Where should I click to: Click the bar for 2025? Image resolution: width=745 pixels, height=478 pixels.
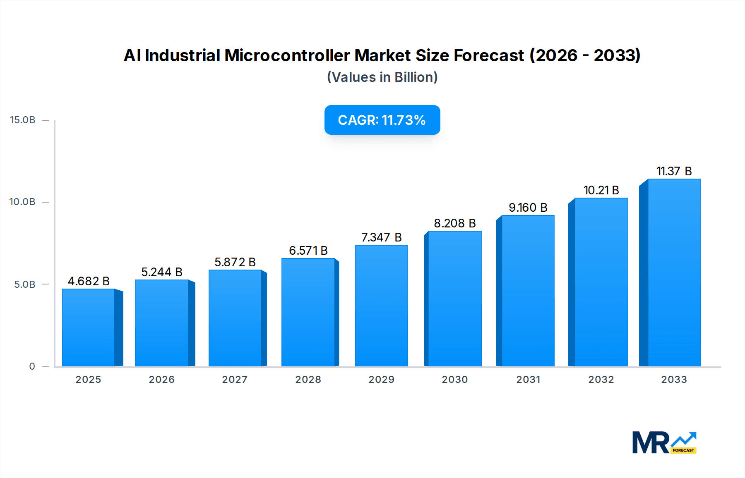tap(89, 327)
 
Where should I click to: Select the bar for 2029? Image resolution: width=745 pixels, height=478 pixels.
tap(381, 306)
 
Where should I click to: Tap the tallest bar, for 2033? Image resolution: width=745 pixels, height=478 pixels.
tap(674, 272)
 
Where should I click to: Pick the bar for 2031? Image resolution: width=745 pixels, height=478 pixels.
tap(528, 291)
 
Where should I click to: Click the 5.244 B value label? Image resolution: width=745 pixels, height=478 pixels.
tap(162, 272)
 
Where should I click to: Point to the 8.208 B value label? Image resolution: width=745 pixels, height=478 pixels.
tap(454, 223)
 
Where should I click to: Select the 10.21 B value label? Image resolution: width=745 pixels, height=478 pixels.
tap(601, 190)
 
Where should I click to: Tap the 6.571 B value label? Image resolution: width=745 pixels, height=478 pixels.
tap(308, 251)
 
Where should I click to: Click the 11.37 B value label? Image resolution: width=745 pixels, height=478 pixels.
tap(674, 171)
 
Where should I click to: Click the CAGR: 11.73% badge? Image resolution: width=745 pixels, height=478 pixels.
tap(382, 120)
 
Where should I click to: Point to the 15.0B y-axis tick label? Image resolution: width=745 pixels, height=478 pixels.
tap(23, 120)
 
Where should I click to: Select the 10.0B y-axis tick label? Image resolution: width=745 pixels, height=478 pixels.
tap(22, 202)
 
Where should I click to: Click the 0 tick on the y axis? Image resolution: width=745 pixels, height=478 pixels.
tap(32, 366)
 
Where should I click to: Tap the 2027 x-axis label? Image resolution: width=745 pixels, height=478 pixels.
tap(235, 380)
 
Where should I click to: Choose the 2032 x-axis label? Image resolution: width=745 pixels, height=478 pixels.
tap(601, 380)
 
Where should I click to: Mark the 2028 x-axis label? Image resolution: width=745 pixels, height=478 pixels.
tap(308, 380)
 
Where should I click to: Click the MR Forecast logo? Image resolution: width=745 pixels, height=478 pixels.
tap(664, 442)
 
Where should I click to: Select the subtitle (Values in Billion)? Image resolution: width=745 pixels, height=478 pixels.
tap(382, 77)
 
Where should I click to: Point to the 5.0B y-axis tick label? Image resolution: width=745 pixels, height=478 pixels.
tap(24, 284)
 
